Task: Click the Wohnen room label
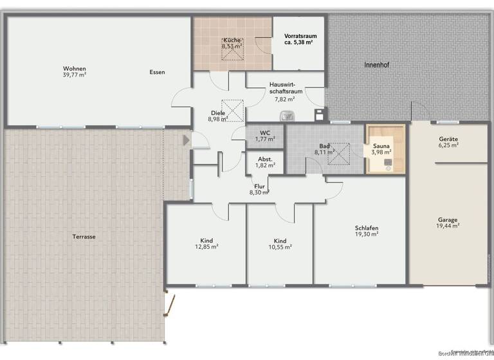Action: (74, 69)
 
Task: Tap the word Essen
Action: (157, 72)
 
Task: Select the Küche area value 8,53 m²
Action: (232, 46)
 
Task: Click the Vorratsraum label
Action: (298, 35)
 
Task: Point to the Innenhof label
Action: (377, 65)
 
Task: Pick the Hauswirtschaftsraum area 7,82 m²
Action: (284, 99)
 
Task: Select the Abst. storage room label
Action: (264, 159)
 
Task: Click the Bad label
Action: (324, 146)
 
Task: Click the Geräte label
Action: (448, 139)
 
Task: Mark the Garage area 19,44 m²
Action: (448, 226)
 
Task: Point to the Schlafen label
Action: (366, 228)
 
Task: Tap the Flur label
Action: (259, 186)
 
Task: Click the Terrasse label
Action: (84, 237)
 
